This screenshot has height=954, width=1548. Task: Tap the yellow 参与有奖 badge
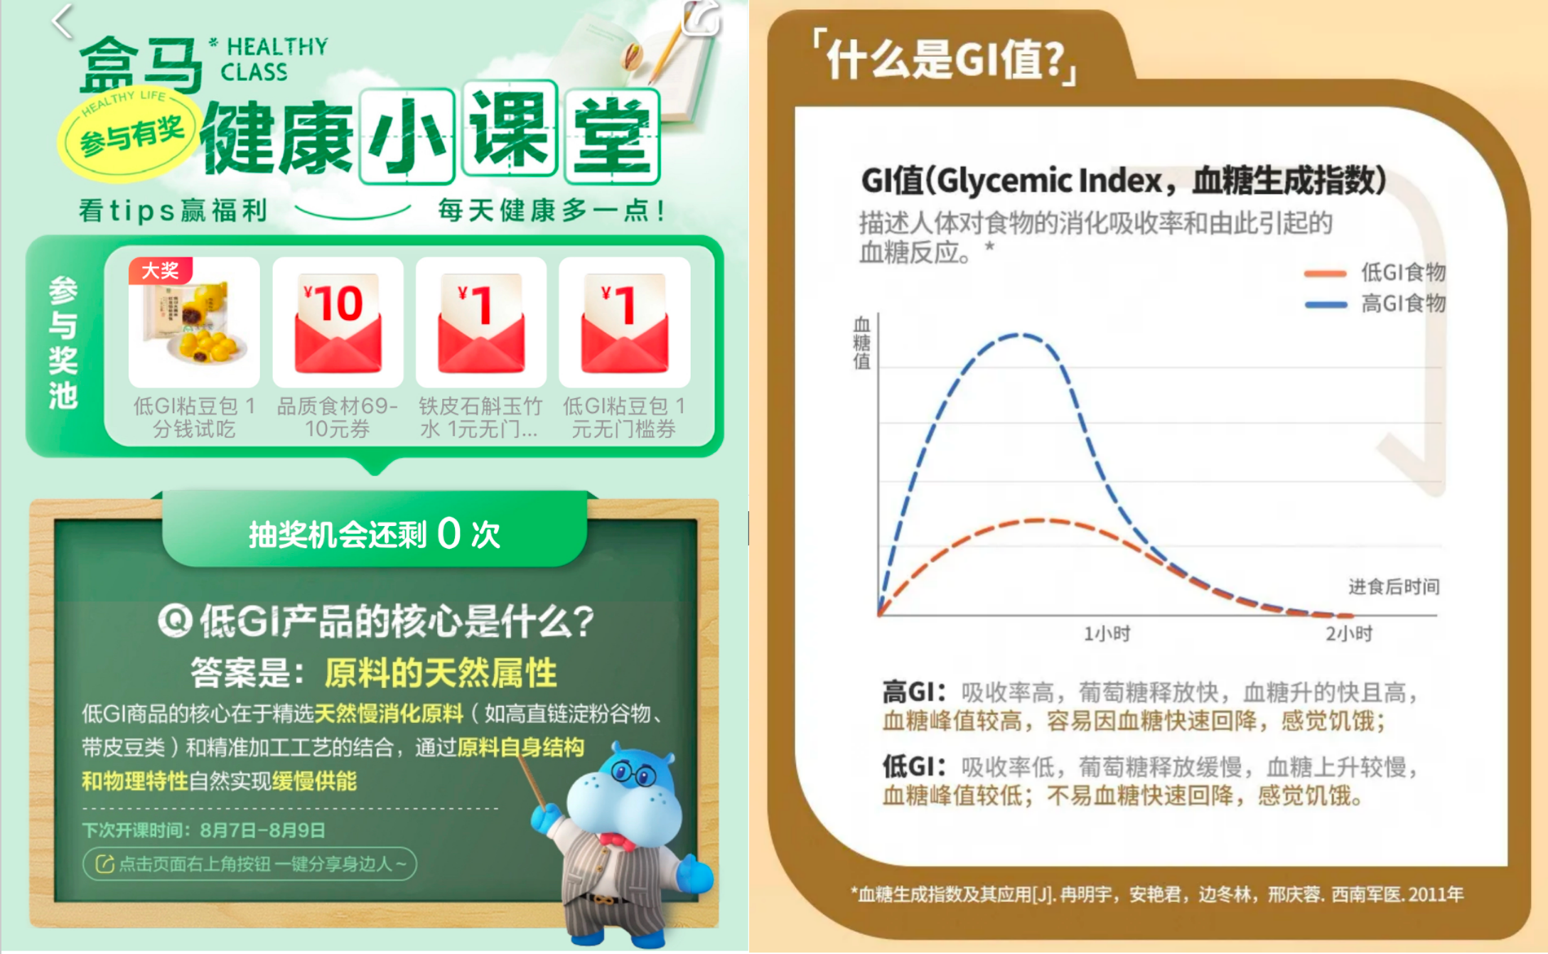click(x=129, y=135)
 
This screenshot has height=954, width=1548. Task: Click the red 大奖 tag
click(x=160, y=271)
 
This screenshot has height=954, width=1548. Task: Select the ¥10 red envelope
click(x=338, y=324)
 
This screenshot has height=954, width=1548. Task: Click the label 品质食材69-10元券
click(x=338, y=417)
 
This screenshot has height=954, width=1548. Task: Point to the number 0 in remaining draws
click(x=449, y=533)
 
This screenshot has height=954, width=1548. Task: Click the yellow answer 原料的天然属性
click(x=441, y=672)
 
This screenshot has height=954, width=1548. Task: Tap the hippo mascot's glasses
click(x=633, y=773)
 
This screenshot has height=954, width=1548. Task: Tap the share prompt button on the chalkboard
click(x=249, y=864)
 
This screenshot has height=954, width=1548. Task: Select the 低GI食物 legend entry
click(x=1375, y=272)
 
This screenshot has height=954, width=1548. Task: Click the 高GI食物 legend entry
click(x=1375, y=304)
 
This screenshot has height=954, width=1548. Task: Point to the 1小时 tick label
click(x=1107, y=633)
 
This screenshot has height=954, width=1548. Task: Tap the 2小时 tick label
click(x=1348, y=633)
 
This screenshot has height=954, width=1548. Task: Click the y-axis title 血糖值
click(x=861, y=343)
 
